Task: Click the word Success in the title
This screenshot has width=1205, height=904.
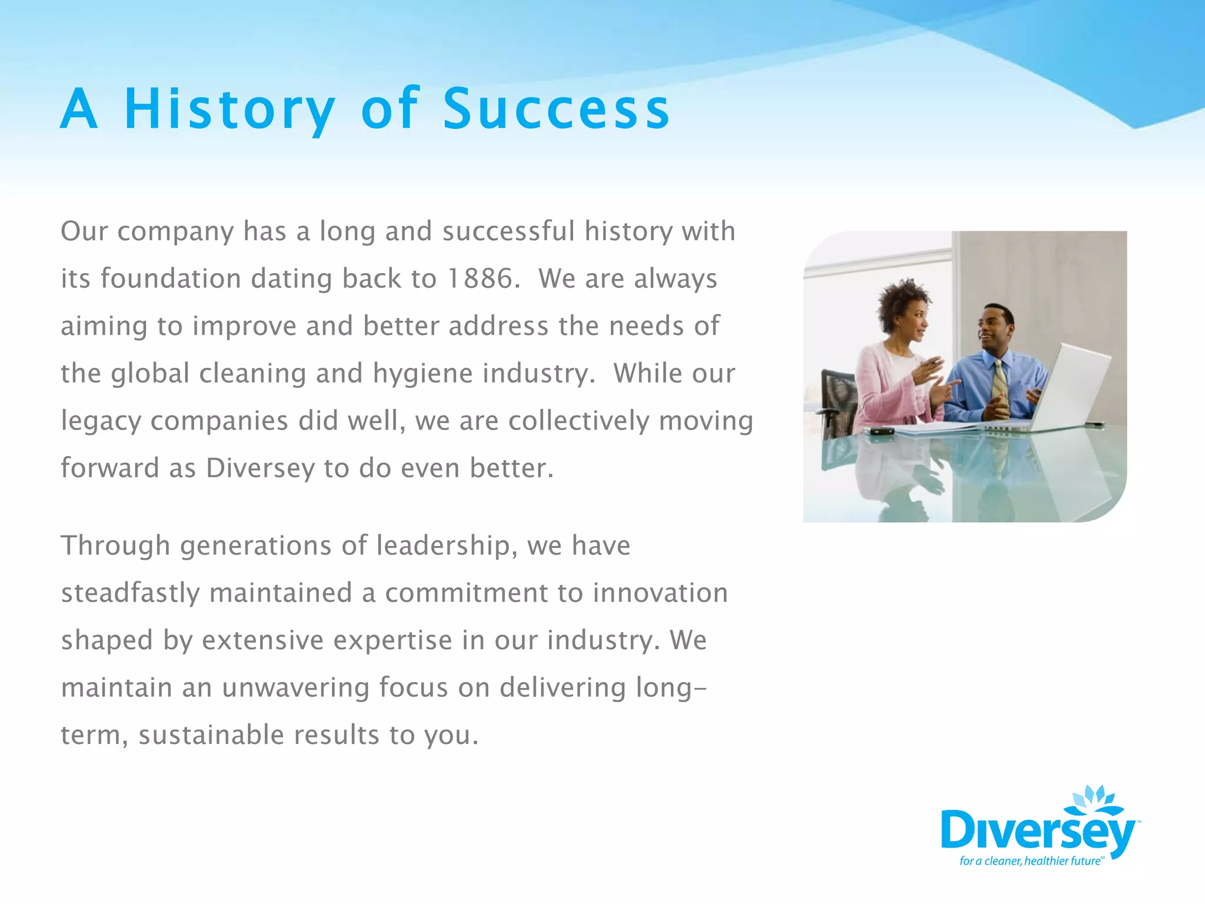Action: tap(556, 109)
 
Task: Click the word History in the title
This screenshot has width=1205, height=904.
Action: tap(229, 109)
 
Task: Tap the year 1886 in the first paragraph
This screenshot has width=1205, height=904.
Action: tap(480, 279)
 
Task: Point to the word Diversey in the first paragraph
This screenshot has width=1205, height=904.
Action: tap(260, 468)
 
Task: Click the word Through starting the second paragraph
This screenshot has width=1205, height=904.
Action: tap(115, 546)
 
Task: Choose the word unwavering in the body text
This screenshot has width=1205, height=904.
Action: tap(295, 688)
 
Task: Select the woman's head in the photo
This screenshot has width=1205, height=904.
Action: tap(903, 312)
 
